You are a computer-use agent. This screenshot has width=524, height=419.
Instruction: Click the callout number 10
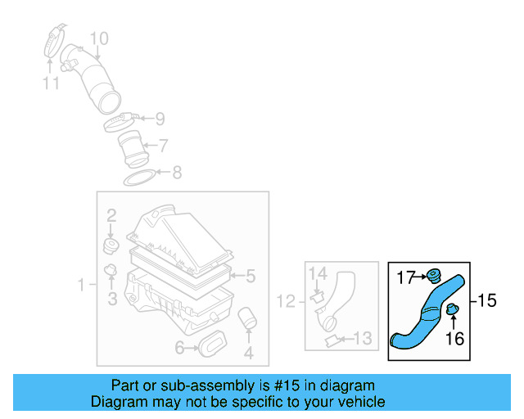point(97,38)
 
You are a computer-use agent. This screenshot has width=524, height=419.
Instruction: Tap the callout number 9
point(160,119)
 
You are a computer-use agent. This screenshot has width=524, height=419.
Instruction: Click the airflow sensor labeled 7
point(131,148)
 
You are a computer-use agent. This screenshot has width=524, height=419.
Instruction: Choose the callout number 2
point(111,216)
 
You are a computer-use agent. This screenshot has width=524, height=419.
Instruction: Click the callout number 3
point(112,300)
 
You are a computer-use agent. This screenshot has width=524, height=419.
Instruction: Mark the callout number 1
point(82,285)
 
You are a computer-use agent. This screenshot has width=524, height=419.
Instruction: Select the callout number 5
point(251,276)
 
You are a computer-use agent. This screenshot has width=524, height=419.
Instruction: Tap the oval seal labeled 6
point(213,345)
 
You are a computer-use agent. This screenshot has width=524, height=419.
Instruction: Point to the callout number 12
point(285,302)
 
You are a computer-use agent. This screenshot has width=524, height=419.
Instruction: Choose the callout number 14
point(318,273)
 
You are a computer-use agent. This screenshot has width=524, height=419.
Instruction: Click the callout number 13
point(361,338)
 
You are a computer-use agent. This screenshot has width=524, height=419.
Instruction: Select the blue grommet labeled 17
point(433,276)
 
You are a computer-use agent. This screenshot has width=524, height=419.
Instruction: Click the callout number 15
point(487,301)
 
